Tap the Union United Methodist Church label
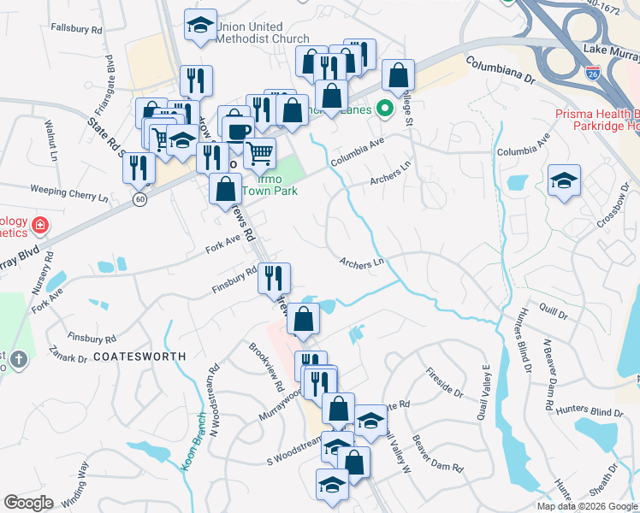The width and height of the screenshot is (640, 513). [x=262, y=32]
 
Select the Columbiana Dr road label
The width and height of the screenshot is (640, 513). [x=500, y=69]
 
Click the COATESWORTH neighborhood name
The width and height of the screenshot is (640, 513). [x=139, y=354]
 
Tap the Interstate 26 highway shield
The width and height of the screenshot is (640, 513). [x=593, y=74]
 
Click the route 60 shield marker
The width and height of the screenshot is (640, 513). [x=139, y=198]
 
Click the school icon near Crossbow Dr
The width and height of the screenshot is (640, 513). [x=564, y=180]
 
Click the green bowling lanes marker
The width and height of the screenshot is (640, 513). [x=385, y=109]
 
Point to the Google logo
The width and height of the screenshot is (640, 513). [x=28, y=503]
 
